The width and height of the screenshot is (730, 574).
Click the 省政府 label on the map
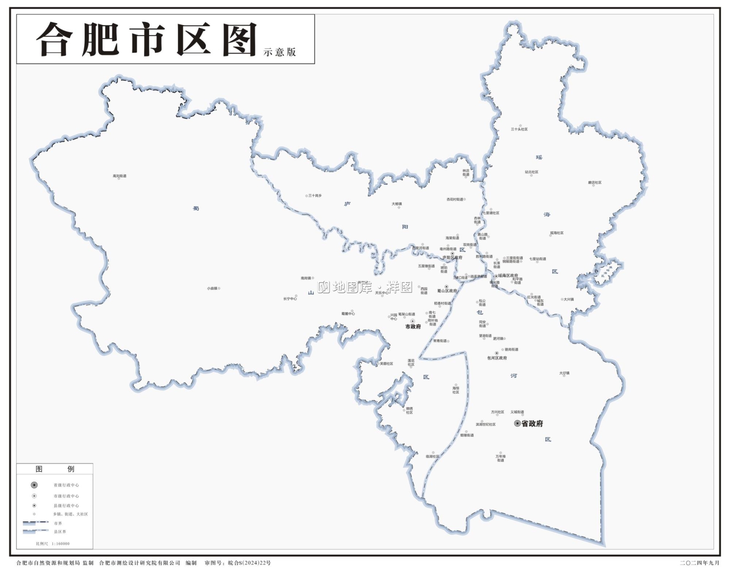point(532,424)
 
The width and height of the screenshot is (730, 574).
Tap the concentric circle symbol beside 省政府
point(517,424)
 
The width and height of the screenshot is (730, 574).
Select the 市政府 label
point(413,327)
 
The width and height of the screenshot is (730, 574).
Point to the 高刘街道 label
point(120,176)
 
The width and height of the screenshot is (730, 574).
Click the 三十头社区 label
point(519,129)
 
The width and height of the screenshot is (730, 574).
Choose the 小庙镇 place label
point(212,288)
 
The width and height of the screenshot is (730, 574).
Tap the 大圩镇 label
point(565,373)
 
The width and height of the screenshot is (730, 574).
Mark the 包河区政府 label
point(497,358)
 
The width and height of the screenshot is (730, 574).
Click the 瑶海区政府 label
point(508,276)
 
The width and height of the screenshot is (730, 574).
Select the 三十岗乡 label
point(315,195)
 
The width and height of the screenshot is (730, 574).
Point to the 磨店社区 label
point(595,183)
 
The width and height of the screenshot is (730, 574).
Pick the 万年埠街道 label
point(500,458)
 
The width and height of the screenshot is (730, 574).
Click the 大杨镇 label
point(397,204)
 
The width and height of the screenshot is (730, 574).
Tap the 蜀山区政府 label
point(447,291)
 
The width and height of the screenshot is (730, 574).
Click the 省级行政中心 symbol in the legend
point(34,485)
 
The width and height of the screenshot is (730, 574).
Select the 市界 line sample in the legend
point(36,523)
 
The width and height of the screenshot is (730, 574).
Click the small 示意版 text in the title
point(280,52)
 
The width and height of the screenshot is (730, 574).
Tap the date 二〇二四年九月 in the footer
point(699,563)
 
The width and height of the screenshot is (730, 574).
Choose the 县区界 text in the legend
point(60,532)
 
